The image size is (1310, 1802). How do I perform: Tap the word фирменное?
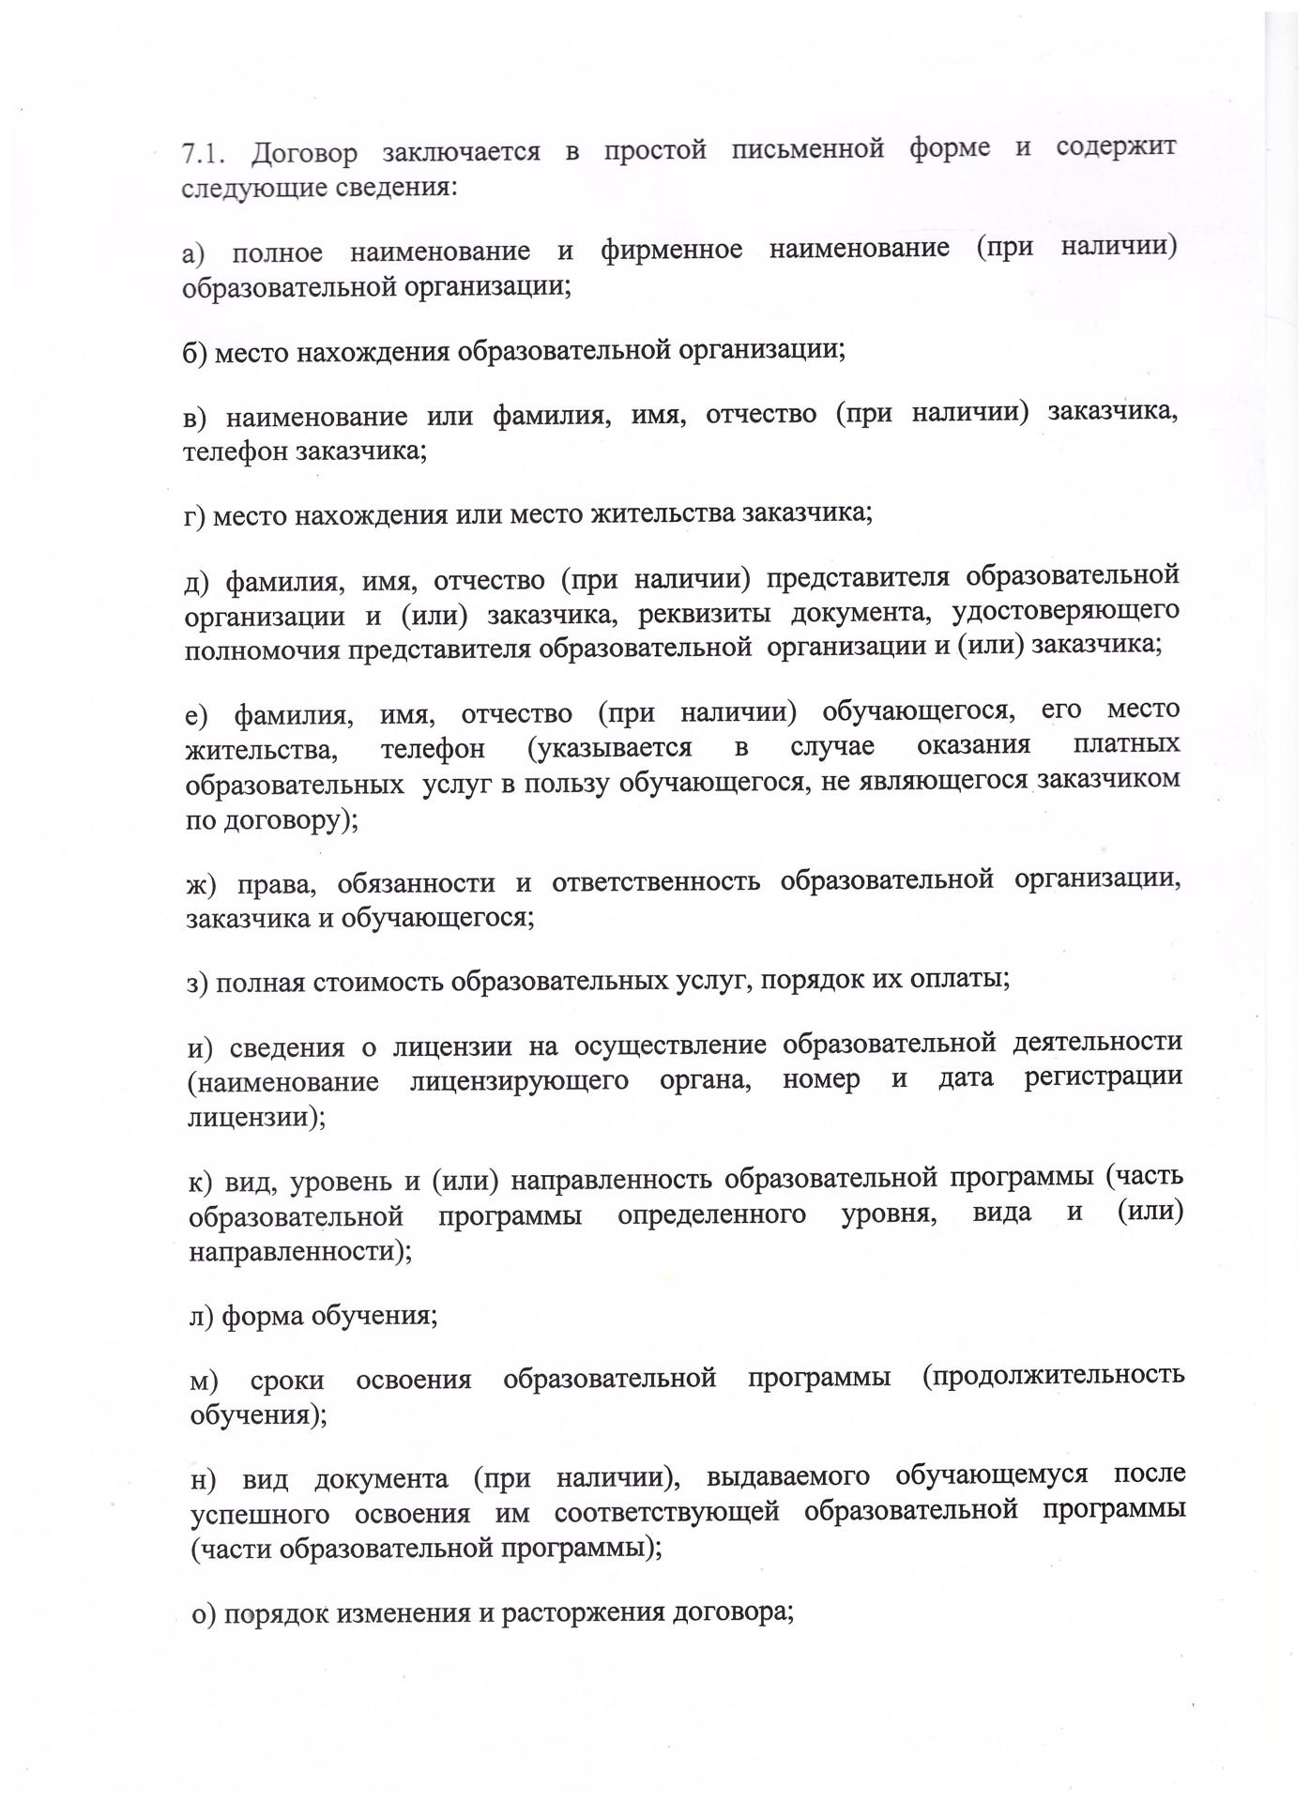tap(671, 251)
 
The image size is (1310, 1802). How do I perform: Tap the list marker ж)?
tap(202, 884)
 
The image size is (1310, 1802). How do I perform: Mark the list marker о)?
tap(204, 1616)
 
